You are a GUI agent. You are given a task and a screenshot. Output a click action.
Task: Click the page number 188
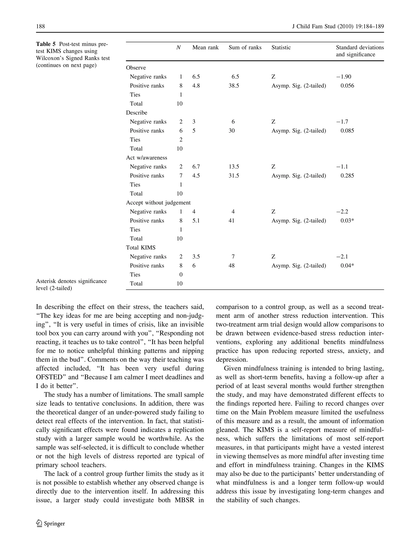(x=40, y=26)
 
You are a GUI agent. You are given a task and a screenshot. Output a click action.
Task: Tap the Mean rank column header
(x=205, y=47)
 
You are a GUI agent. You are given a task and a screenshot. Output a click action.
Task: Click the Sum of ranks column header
(x=245, y=47)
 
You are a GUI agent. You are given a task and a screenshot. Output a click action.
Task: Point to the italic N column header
(x=178, y=47)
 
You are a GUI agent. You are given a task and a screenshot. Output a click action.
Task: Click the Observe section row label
(x=136, y=68)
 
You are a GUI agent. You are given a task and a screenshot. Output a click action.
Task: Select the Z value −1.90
(x=344, y=77)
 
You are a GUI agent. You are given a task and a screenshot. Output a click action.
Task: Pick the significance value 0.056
(x=347, y=86)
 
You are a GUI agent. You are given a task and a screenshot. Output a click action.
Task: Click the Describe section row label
(x=136, y=113)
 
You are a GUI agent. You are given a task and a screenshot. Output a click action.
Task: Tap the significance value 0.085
(x=347, y=131)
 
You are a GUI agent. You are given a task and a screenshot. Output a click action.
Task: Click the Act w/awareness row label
(x=147, y=158)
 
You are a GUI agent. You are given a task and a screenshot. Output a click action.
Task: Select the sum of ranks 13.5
(x=234, y=167)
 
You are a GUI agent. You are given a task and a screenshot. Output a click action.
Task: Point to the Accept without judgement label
(x=158, y=203)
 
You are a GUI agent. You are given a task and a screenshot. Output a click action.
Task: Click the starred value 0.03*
(x=347, y=221)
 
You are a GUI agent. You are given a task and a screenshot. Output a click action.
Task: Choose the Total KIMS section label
(x=140, y=248)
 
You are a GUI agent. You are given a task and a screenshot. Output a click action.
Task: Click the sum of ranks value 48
(x=231, y=266)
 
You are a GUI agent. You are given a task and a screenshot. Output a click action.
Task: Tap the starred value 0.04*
(x=347, y=266)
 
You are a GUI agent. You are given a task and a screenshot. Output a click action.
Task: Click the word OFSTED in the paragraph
(x=49, y=377)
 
